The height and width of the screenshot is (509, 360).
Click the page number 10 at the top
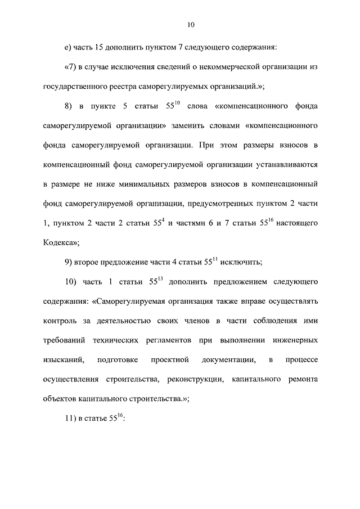[191, 25]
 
